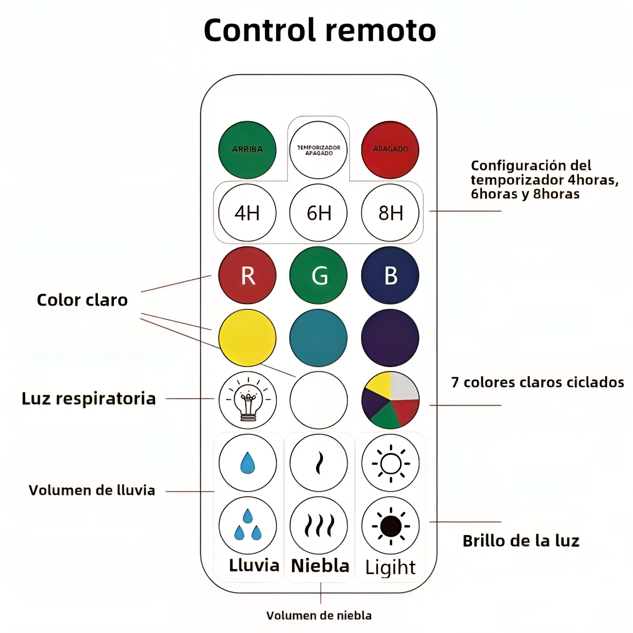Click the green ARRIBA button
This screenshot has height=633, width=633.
point(247,150)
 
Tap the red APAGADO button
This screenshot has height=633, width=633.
point(390,150)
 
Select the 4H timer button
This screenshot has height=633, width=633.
point(247,213)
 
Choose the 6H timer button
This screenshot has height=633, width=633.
point(318,213)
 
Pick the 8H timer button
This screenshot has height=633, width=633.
point(390,213)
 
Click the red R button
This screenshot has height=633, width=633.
point(247,275)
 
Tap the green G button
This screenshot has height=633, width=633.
point(318,275)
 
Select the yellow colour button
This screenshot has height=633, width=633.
point(247,338)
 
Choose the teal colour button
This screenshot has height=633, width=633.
point(318,338)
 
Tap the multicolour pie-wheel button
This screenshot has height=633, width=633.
point(390,400)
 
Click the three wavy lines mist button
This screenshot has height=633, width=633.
point(318,526)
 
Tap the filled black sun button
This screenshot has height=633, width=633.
point(390,526)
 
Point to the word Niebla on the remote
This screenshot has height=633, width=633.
point(320,566)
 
